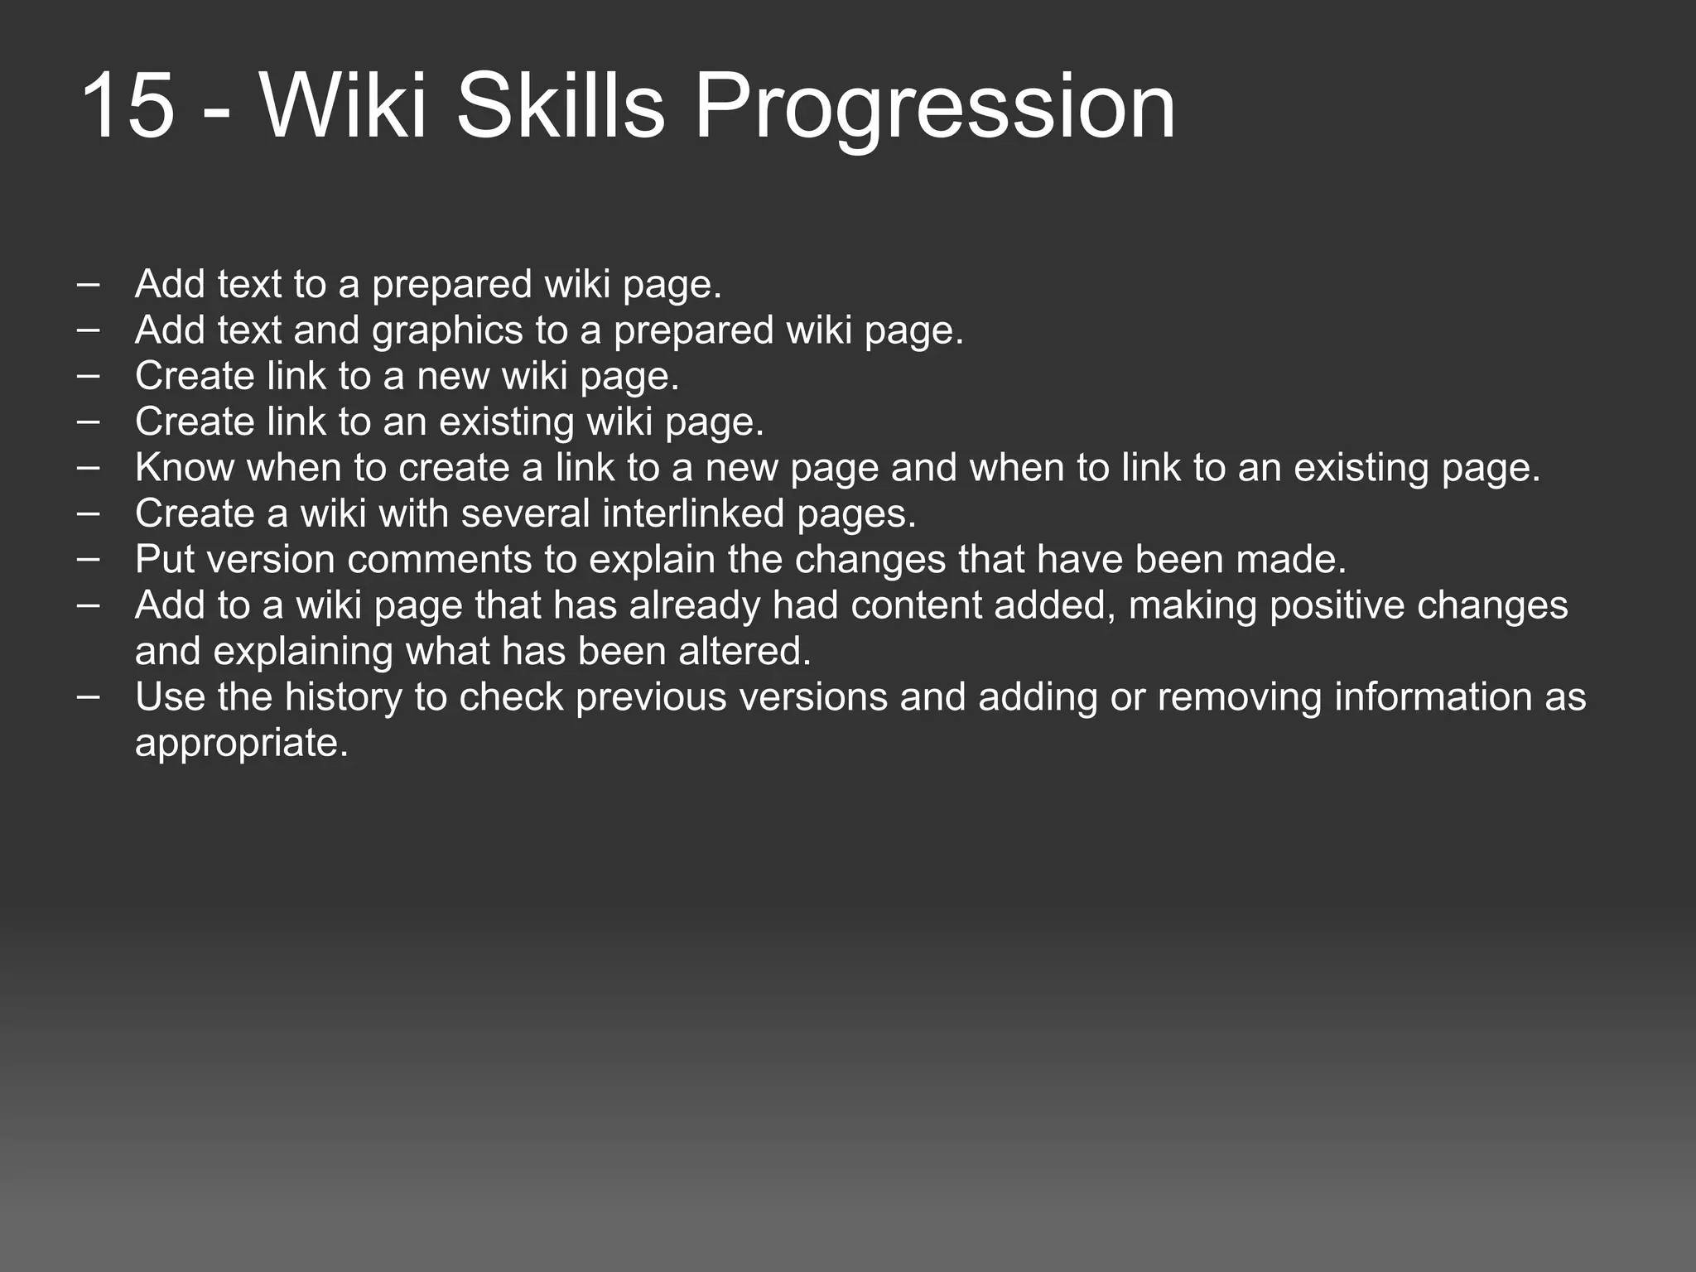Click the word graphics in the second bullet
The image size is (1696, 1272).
[447, 331]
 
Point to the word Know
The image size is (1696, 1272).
[185, 468]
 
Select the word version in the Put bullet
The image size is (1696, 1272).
[270, 560]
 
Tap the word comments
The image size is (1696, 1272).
[439, 560]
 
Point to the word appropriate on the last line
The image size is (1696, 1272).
[241, 744]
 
